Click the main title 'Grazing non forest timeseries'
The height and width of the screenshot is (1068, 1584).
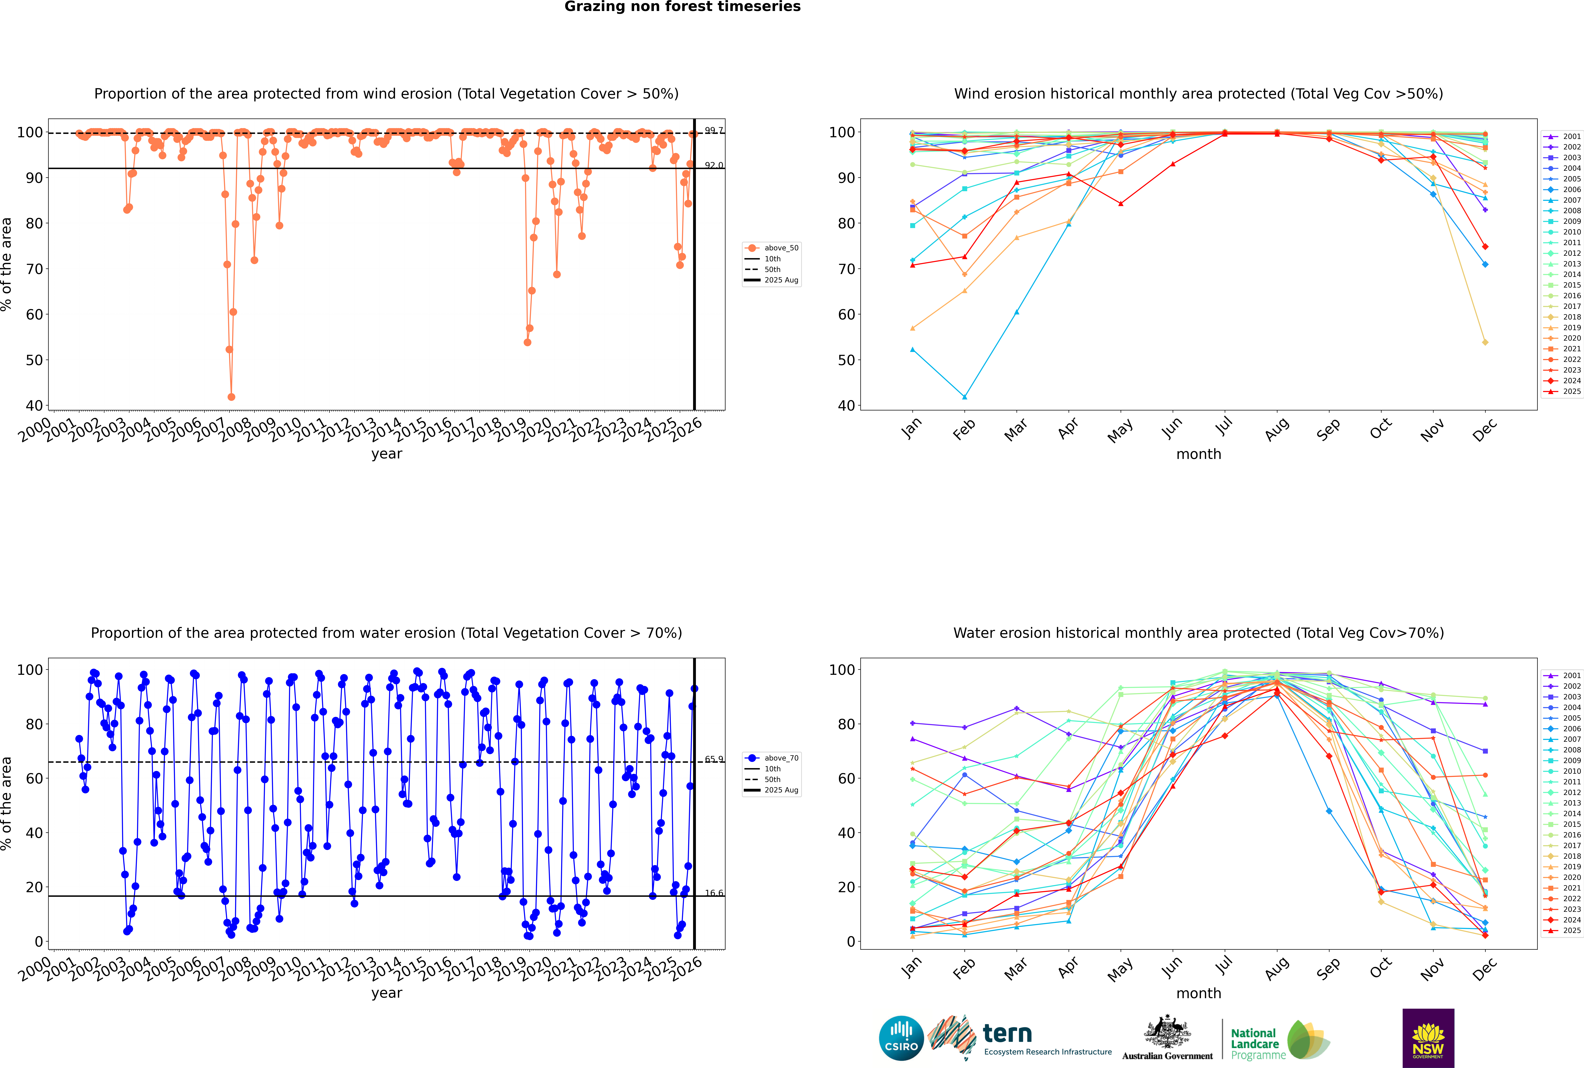[682, 7]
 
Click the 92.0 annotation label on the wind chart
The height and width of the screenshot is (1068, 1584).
[714, 165]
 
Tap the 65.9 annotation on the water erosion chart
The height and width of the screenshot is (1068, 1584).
[714, 760]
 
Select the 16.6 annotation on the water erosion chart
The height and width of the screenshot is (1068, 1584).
[714, 893]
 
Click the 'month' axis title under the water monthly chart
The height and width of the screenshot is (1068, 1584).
[1199, 993]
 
